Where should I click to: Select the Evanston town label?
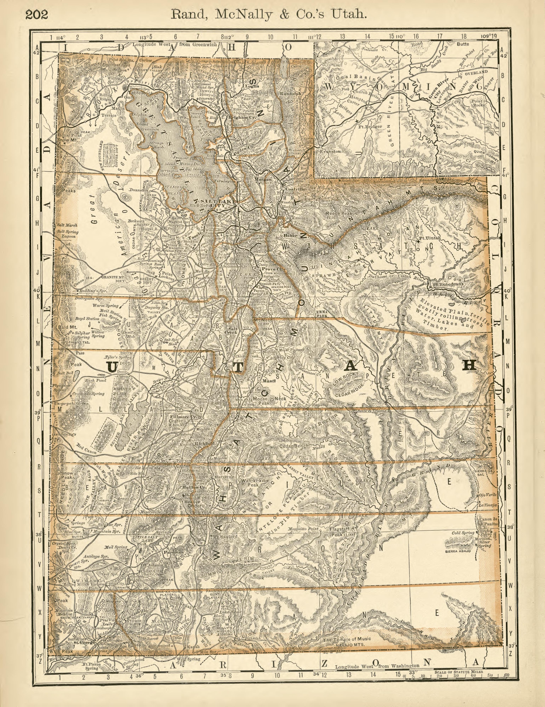click(330, 151)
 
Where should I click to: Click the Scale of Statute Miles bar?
click(455, 673)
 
